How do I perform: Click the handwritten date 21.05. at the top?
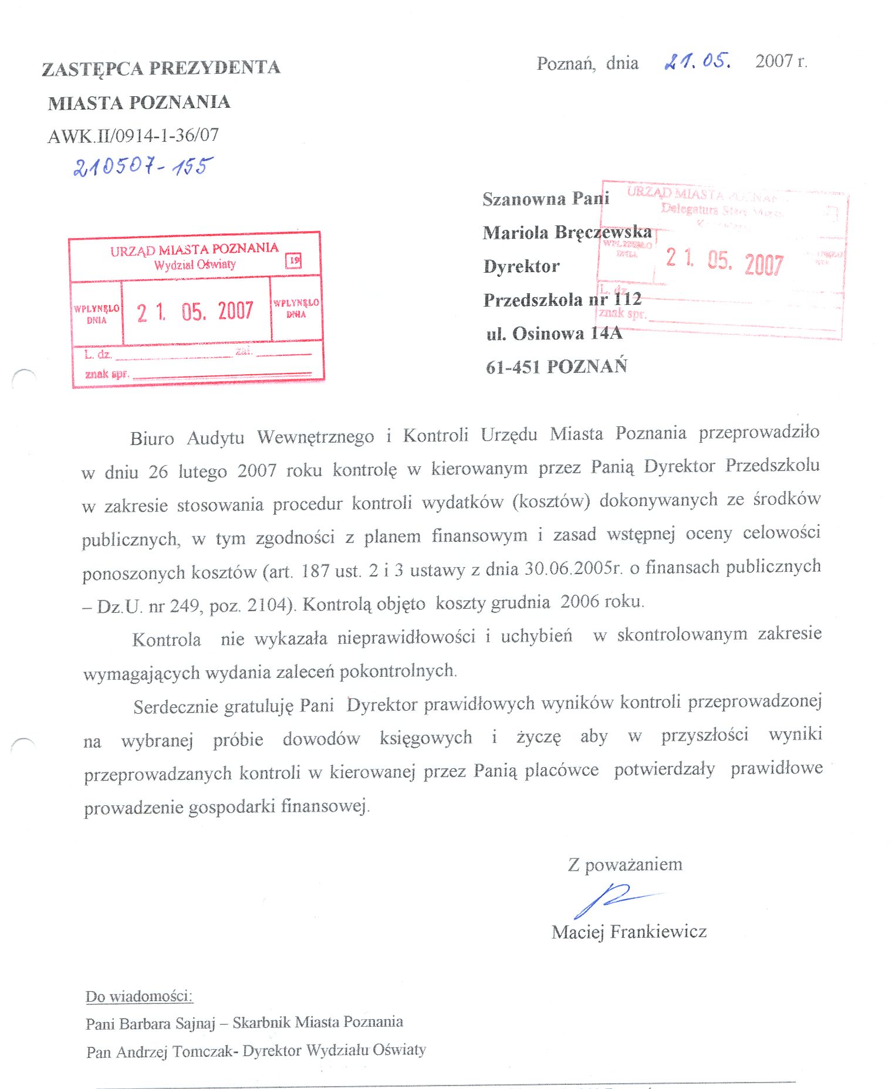(x=697, y=61)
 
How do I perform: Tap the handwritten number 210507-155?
(x=143, y=167)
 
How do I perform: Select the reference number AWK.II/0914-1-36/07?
(x=133, y=136)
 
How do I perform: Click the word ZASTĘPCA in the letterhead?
(x=92, y=69)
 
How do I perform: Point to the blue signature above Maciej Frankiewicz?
(x=610, y=900)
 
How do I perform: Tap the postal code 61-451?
(x=512, y=367)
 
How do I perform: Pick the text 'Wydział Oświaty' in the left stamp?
(x=195, y=264)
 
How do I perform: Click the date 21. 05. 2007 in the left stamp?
(x=195, y=311)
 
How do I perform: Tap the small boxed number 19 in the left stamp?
(x=293, y=260)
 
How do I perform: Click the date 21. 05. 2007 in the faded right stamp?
(x=724, y=261)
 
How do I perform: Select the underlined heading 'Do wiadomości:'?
(x=139, y=996)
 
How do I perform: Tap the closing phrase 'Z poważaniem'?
(x=625, y=864)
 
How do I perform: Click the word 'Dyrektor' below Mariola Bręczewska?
(x=521, y=266)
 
